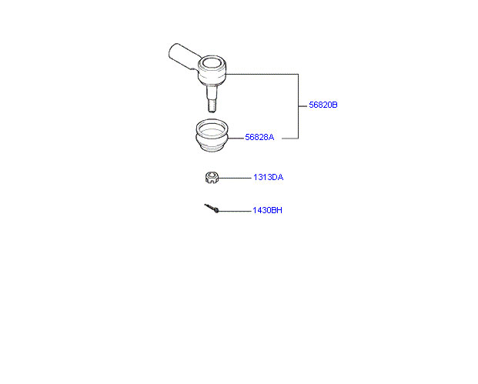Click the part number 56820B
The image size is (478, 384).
click(323, 105)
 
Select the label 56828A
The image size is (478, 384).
click(259, 137)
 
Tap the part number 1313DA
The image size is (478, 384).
click(269, 177)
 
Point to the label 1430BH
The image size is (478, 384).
click(267, 210)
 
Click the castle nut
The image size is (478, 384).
click(212, 177)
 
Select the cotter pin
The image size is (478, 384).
click(212, 209)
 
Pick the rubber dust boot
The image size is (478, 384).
click(212, 135)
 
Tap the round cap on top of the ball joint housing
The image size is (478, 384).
click(212, 62)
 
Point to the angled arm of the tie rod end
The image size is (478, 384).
click(183, 56)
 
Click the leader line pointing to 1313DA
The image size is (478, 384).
click(235, 178)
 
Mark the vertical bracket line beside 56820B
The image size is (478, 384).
click(298, 106)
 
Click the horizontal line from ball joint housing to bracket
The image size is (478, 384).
click(262, 74)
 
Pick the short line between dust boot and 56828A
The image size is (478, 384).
click(236, 139)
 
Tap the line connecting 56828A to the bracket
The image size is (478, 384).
click(290, 139)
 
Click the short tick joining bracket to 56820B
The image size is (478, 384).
click(303, 106)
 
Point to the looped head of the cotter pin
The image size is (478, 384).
click(216, 210)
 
